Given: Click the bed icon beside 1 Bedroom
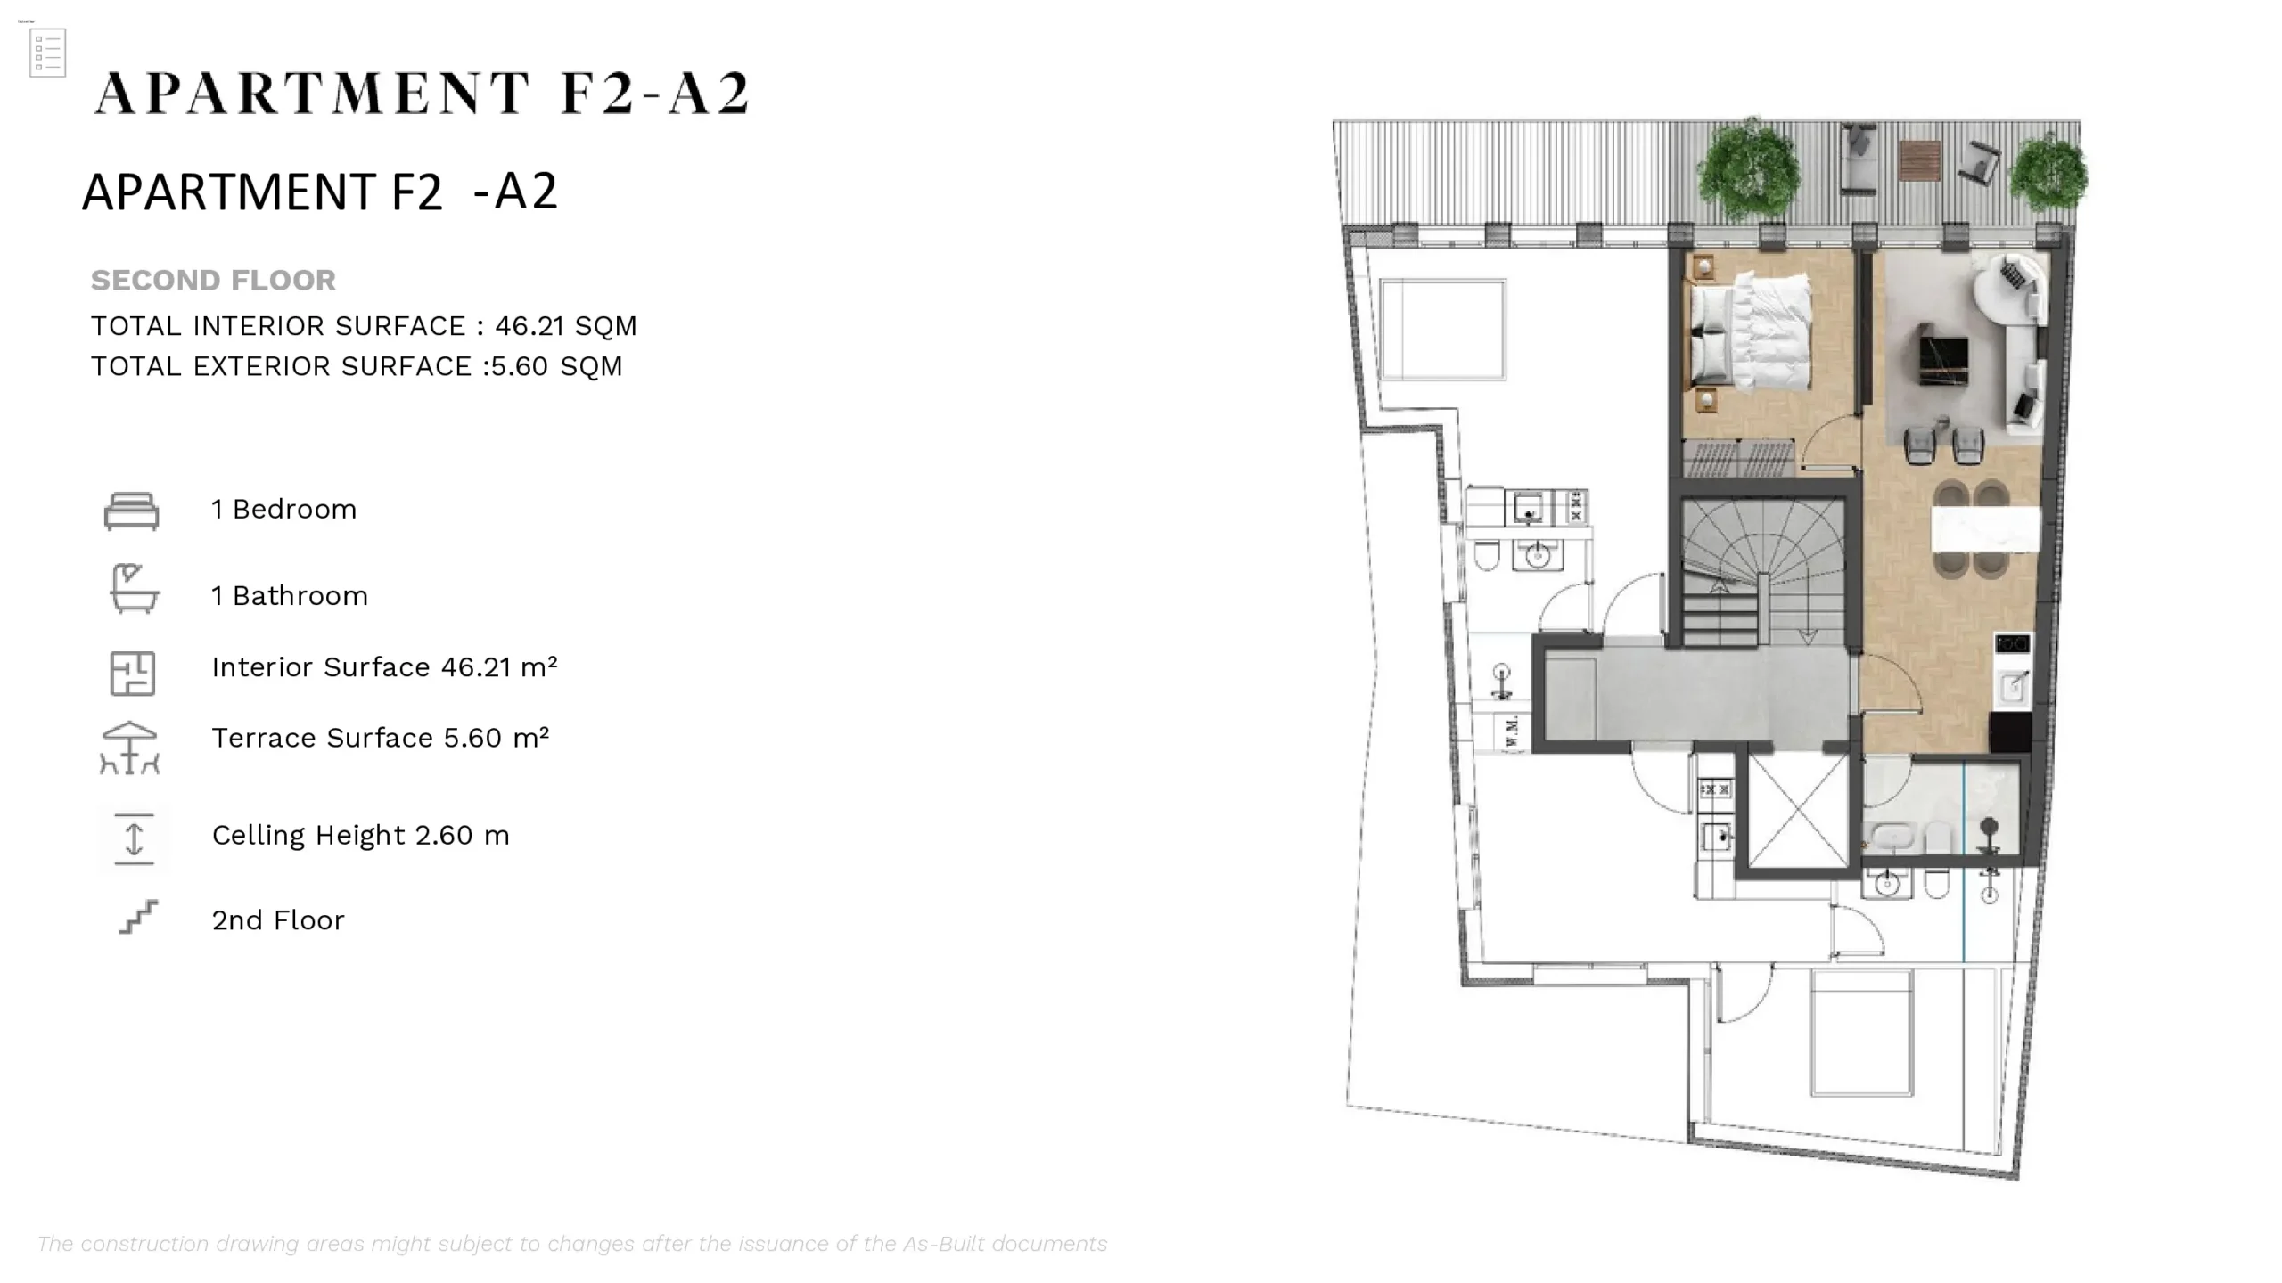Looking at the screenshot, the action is pyautogui.click(x=132, y=511).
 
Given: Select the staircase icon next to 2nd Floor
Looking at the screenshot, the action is pyautogui.click(x=138, y=917).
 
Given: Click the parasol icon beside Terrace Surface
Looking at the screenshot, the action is pyautogui.click(x=130, y=748).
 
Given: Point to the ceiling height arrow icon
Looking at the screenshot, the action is pyautogui.click(x=134, y=839).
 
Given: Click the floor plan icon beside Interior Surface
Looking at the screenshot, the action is pyautogui.click(x=133, y=674).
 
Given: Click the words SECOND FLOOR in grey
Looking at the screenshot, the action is pyautogui.click(x=213, y=281).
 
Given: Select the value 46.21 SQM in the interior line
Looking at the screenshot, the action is pyautogui.click(x=566, y=326).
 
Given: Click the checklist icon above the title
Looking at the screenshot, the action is pyautogui.click(x=47, y=53).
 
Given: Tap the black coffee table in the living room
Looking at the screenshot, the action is pyautogui.click(x=1944, y=355).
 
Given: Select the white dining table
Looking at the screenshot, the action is pyautogui.click(x=1986, y=529).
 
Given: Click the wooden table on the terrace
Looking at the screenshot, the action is pyautogui.click(x=1919, y=160).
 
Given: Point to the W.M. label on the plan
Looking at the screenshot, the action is pyautogui.click(x=1512, y=731).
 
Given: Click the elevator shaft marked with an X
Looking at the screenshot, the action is pyautogui.click(x=1798, y=810).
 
